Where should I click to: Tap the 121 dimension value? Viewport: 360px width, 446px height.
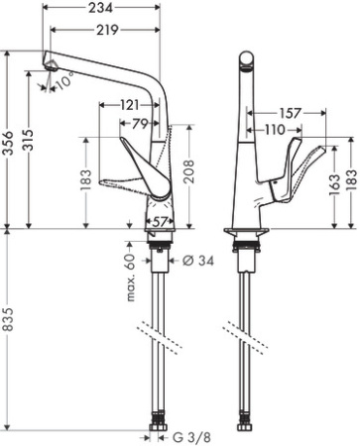coord(129,104)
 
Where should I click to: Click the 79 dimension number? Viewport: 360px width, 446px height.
coord(141,123)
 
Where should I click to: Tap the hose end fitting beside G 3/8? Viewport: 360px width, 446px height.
coord(159,431)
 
